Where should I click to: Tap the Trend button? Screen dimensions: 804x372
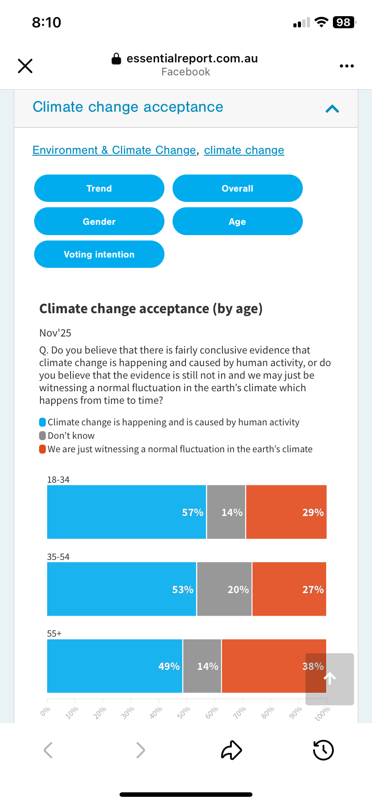click(99, 188)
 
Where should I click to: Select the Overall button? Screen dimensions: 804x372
click(237, 188)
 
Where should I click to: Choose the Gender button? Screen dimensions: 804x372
click(99, 222)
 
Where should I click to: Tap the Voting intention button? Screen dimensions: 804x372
click(99, 254)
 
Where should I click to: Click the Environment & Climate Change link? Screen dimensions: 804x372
click(114, 150)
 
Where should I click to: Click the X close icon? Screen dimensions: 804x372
click(25, 66)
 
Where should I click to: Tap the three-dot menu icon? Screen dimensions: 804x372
click(346, 66)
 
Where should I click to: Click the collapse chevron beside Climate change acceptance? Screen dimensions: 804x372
click(332, 109)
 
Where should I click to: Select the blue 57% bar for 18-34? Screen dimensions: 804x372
click(126, 512)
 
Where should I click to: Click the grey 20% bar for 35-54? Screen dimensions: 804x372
click(224, 589)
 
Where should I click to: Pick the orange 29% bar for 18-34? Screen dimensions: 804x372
click(286, 512)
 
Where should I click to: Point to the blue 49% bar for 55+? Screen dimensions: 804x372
click(115, 666)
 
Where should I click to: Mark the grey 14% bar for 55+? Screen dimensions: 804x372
click(202, 666)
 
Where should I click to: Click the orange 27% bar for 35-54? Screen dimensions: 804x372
click(289, 589)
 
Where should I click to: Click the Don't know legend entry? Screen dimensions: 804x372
click(71, 436)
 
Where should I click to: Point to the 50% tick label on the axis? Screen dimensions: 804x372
click(183, 712)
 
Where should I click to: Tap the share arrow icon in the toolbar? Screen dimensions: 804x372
click(231, 750)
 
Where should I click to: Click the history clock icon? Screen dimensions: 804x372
click(323, 750)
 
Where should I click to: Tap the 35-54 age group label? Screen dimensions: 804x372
click(58, 557)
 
